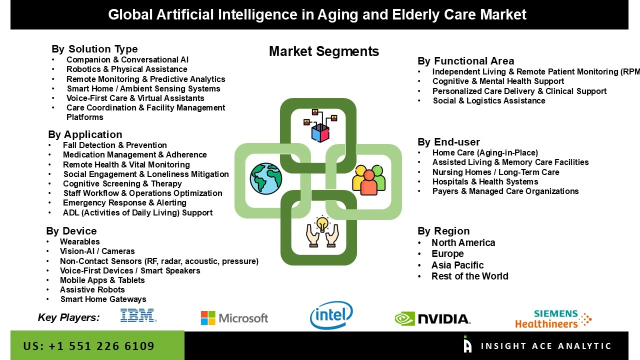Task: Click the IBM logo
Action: pos(138,315)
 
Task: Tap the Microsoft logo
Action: pos(234,318)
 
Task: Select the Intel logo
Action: pos(331,315)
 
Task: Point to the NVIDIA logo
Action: pos(432,318)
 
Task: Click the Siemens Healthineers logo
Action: pos(553,318)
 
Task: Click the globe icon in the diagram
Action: pos(266,178)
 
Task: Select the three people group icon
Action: pos(369,179)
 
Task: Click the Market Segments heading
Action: pos(324,51)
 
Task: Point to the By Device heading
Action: pos(71,231)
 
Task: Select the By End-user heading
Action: pos(448,142)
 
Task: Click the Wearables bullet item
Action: pos(79,242)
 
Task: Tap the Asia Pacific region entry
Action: pos(457,265)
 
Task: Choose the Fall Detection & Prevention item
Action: pos(114,145)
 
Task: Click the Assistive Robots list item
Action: pos(92,289)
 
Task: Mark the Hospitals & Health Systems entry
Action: pos(485,181)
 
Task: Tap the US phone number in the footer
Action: pos(89,346)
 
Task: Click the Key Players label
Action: pos(68,317)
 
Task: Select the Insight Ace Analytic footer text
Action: pos(545,346)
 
